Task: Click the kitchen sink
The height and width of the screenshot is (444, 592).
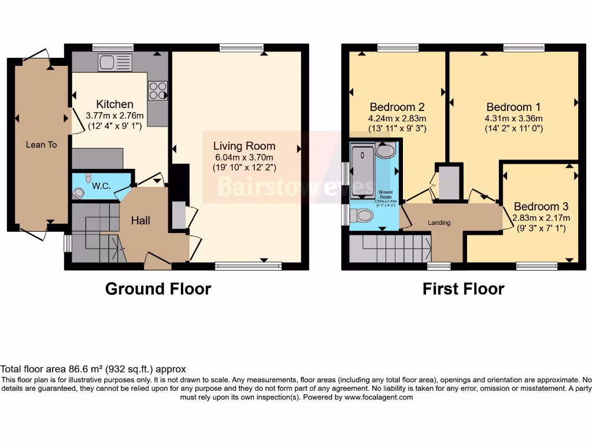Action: coord(115,62)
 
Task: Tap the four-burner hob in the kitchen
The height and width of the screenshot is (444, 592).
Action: coord(158,90)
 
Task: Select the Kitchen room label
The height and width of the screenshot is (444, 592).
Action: coord(114,104)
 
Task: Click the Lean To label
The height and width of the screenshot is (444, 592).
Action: coord(41,145)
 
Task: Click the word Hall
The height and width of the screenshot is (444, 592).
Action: coord(140,220)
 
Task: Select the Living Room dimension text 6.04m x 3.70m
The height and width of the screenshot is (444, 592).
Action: coord(244,157)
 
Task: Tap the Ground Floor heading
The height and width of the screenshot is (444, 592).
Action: coord(158,288)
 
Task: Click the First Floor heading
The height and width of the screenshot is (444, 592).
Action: coord(463,288)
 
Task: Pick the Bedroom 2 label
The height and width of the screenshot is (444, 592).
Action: coord(397,107)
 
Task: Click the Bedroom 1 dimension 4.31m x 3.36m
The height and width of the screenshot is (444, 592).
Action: coord(513,119)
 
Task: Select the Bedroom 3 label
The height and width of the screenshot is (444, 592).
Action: coord(541,206)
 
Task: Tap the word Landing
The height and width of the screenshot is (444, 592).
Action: coord(439,223)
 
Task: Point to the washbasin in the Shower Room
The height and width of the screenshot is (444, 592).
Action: coord(384,151)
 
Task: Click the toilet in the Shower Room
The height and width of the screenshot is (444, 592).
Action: coord(364,216)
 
